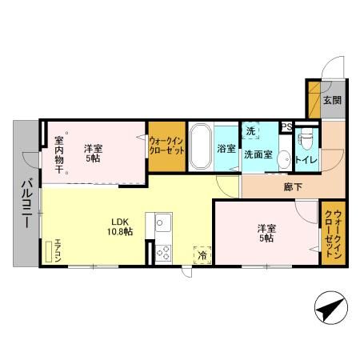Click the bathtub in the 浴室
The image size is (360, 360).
200,146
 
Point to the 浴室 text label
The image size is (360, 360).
226,148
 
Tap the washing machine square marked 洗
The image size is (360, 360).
251,130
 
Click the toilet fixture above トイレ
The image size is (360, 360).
305,140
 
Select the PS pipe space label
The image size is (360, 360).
286,126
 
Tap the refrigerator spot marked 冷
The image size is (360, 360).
202,254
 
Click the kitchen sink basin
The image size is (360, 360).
162,222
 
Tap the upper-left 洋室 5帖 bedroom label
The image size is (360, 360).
93,152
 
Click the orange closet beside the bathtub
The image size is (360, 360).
166,146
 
